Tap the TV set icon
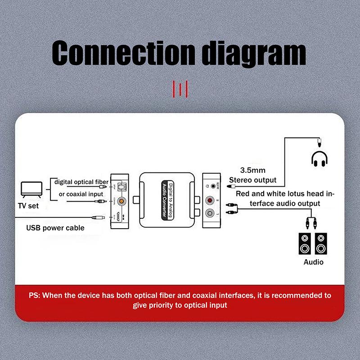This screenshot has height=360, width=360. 32,189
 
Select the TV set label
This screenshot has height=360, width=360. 27,206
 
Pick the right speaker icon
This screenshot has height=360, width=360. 320,243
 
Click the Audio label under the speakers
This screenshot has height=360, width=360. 313,262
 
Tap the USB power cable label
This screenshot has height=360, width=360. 55,228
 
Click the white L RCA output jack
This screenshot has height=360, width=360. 210,213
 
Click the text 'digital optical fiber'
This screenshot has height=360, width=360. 81,182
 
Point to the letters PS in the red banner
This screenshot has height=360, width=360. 34,296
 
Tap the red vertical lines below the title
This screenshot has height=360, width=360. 180,89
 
